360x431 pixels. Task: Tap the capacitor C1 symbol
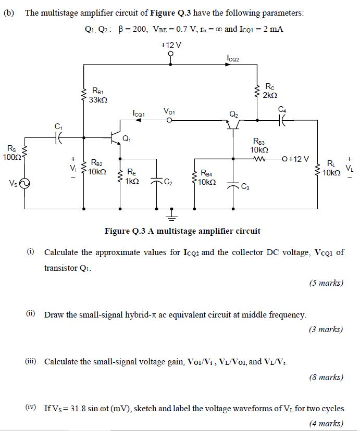[58, 137]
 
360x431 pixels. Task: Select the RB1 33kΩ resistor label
[97, 95]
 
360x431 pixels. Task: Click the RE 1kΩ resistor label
[131, 176]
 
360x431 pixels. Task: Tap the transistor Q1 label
[126, 138]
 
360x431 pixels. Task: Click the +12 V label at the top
[171, 45]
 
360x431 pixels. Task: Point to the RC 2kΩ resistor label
[270, 91]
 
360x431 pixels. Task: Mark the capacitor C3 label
[245, 187]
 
